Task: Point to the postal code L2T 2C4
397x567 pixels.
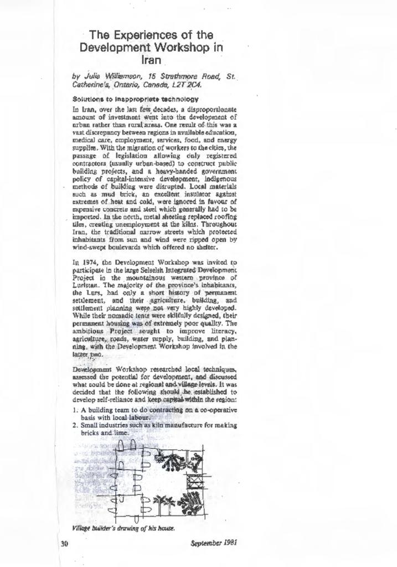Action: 188,85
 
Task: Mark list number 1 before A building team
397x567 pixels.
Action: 75,410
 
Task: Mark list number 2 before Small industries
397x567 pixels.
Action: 75,425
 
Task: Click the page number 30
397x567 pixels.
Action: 64,544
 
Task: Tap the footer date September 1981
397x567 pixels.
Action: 214,543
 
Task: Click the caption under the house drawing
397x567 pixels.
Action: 123,528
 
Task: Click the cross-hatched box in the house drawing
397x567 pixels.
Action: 195,483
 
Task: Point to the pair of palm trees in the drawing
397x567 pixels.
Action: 164,503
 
